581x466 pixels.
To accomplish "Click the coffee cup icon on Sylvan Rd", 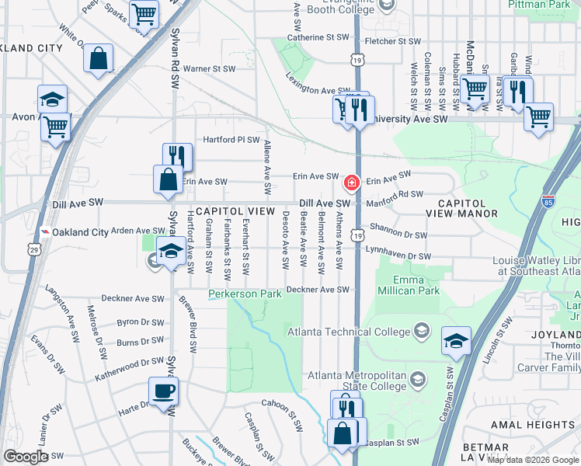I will point(164,391).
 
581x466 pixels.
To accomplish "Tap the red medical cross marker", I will point(351,183).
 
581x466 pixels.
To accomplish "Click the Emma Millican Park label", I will point(409,284).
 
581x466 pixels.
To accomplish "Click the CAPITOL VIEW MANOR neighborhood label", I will point(462,207).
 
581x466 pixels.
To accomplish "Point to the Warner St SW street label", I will point(209,69).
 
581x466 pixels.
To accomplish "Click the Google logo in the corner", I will point(26,456).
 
